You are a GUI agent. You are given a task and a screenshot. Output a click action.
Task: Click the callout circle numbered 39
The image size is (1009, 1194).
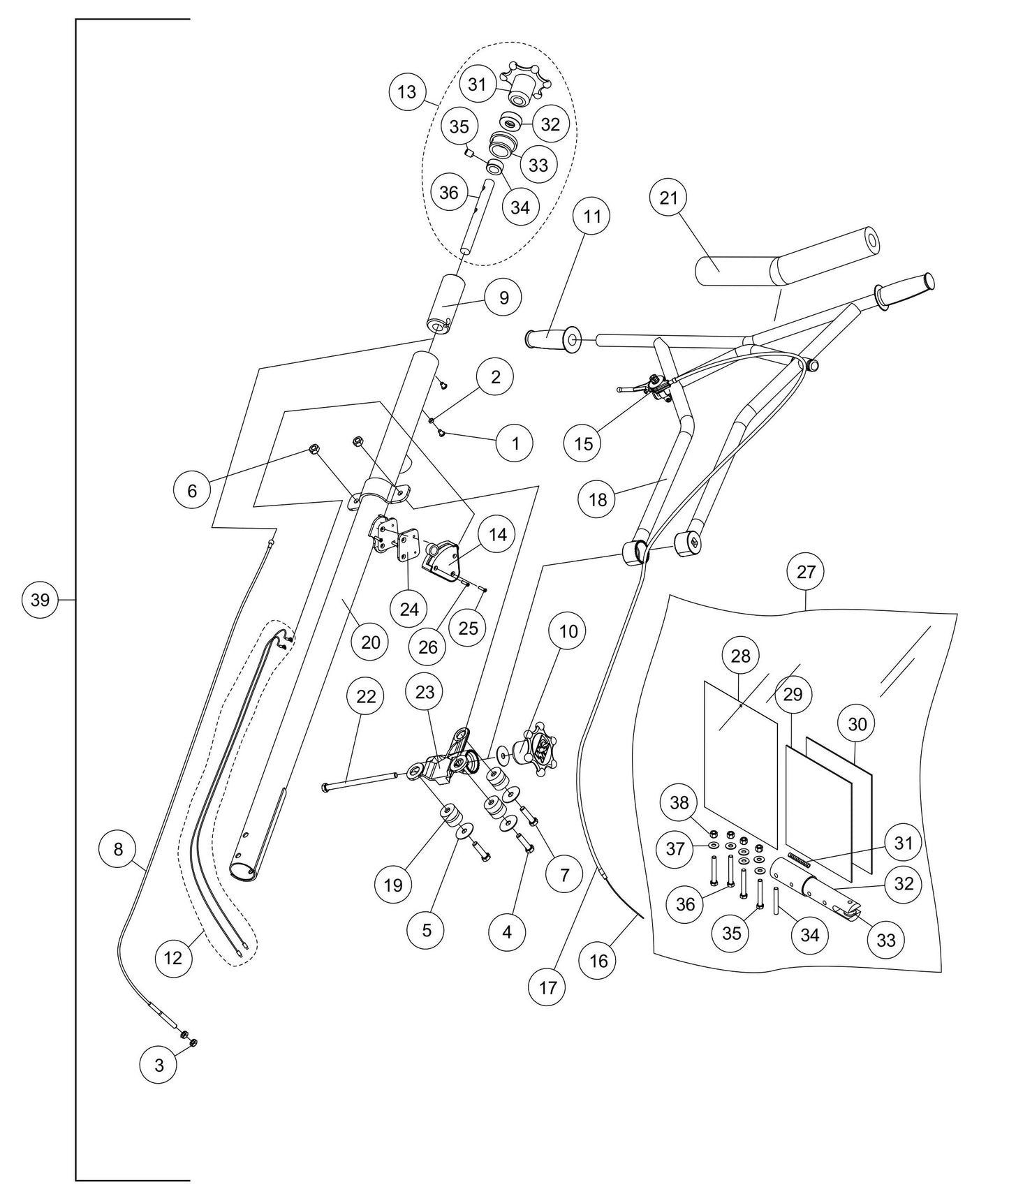pyautogui.click(x=40, y=599)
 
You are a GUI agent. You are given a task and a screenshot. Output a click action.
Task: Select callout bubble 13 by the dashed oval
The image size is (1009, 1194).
pyautogui.click(x=407, y=91)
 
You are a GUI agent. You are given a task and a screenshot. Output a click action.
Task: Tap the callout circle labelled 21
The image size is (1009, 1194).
pyautogui.click(x=668, y=198)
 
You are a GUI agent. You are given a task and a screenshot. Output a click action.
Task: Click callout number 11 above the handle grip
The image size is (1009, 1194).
pyautogui.click(x=591, y=216)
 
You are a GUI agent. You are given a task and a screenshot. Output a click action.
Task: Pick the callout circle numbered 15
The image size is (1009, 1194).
pyautogui.click(x=584, y=443)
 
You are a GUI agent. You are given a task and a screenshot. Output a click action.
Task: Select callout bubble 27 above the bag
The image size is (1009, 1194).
pyautogui.click(x=806, y=572)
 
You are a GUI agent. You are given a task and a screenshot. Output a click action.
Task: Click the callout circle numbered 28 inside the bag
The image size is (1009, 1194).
pyautogui.click(x=740, y=656)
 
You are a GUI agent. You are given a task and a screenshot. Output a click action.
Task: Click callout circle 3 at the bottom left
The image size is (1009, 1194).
pyautogui.click(x=159, y=1066)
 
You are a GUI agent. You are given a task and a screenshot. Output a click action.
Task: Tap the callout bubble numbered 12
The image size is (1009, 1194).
pyautogui.click(x=173, y=958)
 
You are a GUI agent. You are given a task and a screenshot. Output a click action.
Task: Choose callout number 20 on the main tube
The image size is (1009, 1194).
pyautogui.click(x=371, y=642)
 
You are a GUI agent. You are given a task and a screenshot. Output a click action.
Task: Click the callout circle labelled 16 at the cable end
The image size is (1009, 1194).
pyautogui.click(x=599, y=961)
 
